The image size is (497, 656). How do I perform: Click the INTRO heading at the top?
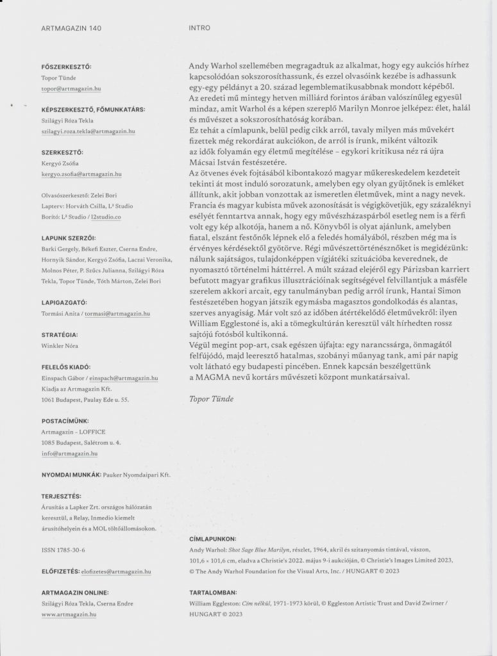click(x=199, y=28)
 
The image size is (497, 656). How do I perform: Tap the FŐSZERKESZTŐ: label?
click(x=66, y=66)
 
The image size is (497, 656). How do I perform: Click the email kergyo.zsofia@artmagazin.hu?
click(x=81, y=174)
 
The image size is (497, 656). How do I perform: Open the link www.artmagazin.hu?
click(x=68, y=614)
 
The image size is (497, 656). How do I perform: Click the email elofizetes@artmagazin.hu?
click(x=119, y=570)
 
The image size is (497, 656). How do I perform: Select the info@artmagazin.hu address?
click(x=69, y=453)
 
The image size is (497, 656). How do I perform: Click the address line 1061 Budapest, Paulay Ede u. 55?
click(x=85, y=399)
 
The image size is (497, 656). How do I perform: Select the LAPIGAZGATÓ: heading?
click(x=63, y=301)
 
